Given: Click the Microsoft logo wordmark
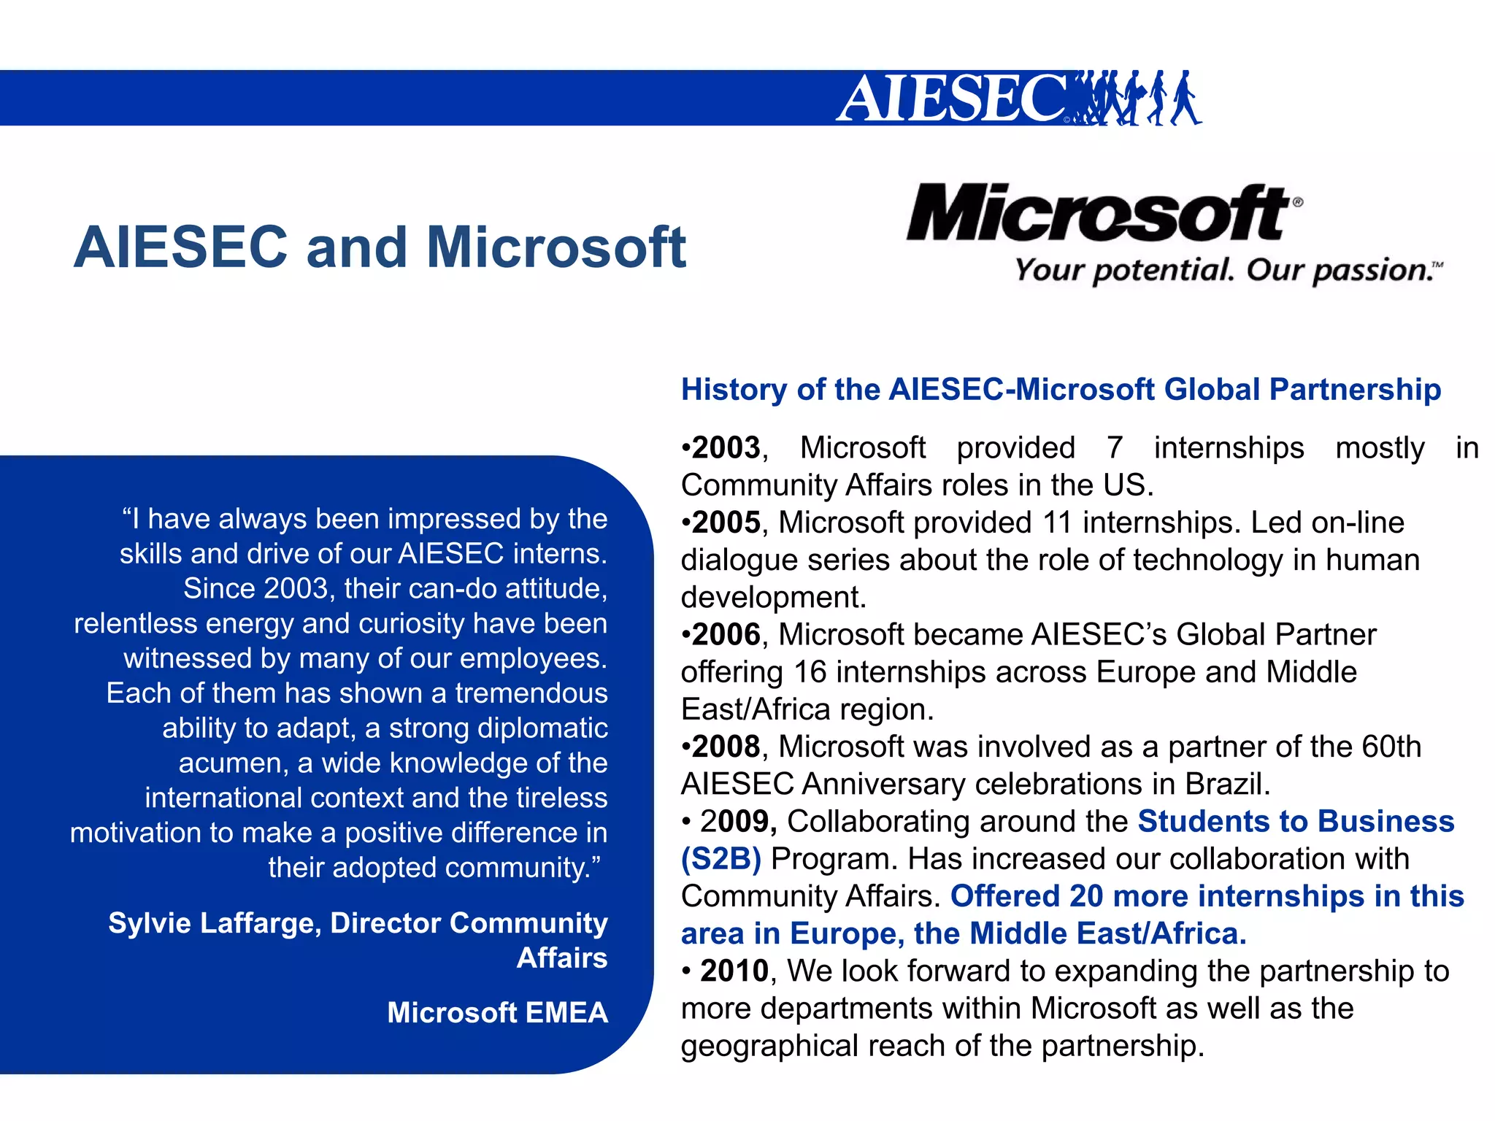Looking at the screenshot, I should click(x=1099, y=212).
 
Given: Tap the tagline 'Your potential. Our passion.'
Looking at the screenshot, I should click(x=1226, y=270).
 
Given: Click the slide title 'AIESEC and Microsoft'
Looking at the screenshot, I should click(x=380, y=247).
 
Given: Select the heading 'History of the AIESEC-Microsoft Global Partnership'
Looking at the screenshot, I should click(x=1061, y=389).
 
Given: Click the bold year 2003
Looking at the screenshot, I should click(x=726, y=447).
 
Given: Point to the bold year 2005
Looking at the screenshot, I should click(x=726, y=523).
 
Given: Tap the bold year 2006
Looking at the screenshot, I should click(x=726, y=634).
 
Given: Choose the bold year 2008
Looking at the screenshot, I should click(x=726, y=747).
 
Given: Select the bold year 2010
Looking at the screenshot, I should click(x=734, y=971).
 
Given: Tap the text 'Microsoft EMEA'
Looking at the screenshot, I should click(x=497, y=1012).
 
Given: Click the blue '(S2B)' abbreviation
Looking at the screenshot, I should click(x=721, y=859).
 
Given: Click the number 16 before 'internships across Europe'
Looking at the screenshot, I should click(x=810, y=671).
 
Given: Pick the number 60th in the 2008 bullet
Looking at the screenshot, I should click(x=1391, y=747).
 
